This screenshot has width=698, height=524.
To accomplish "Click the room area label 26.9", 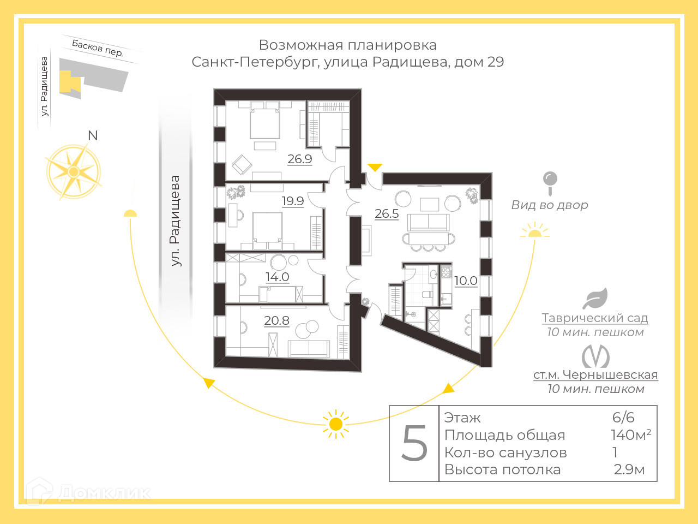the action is pyautogui.click(x=299, y=159).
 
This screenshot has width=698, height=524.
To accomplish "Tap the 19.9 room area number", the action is pyautogui.click(x=292, y=201).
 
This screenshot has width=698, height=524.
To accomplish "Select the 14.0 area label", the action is pyautogui.click(x=277, y=277).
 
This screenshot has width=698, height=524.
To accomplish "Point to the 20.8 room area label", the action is pyautogui.click(x=276, y=320).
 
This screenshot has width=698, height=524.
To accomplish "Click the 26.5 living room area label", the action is pyautogui.click(x=387, y=213).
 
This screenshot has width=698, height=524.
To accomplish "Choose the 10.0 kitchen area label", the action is pyautogui.click(x=466, y=281).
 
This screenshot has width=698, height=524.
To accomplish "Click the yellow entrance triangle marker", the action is pyautogui.click(x=375, y=167).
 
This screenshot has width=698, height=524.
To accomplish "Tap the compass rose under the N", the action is pyautogui.click(x=73, y=171).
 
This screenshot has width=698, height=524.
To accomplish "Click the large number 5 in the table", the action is pyautogui.click(x=414, y=443).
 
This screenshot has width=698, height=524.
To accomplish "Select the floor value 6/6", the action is pyautogui.click(x=623, y=418).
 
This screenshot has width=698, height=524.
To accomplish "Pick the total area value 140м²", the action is pyautogui.click(x=630, y=435).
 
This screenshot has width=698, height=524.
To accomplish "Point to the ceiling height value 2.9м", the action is pyautogui.click(x=629, y=469).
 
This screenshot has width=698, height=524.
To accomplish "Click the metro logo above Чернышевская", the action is pyautogui.click(x=595, y=356).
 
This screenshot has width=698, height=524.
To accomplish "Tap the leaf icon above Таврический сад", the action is pyautogui.click(x=595, y=299).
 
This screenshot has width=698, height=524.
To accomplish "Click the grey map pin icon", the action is pyautogui.click(x=550, y=182).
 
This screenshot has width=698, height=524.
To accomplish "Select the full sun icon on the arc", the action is pyautogui.click(x=335, y=424).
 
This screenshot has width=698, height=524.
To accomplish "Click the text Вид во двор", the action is pyautogui.click(x=550, y=205).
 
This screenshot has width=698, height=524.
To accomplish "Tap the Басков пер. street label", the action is pyautogui.click(x=98, y=49).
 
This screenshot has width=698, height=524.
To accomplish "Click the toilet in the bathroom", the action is pyautogui.click(x=426, y=295).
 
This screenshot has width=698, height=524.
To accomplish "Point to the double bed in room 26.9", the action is pyautogui.click(x=264, y=122).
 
